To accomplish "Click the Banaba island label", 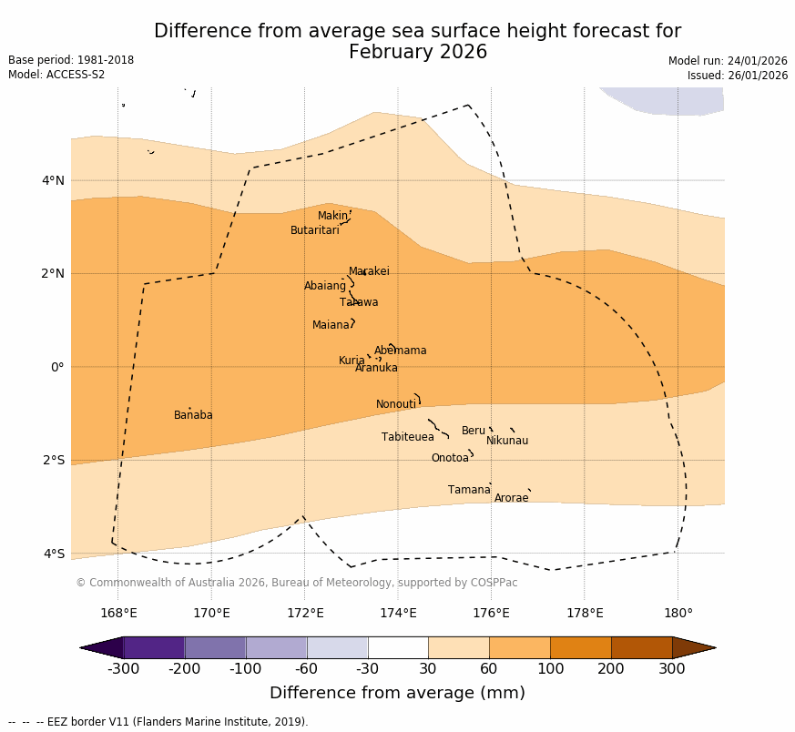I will coord(193,415).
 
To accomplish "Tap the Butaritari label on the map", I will coord(315,230).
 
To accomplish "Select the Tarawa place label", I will coord(359,302).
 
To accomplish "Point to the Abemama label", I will coord(400,351).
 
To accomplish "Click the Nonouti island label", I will coord(396,404).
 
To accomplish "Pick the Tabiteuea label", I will coord(408,437).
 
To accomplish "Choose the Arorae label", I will coord(511,498).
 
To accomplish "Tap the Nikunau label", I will coord(507,441).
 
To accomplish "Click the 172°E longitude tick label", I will coord(304,613).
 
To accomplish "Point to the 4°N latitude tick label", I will coord(53,180).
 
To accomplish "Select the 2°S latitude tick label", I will coord(53,460).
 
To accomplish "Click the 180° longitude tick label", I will coord(678,613).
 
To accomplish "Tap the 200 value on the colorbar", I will coord(611,669).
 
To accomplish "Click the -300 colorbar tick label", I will coord(123,669).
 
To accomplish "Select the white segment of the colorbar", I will coord(398,647).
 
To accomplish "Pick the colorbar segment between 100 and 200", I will coord(580,647).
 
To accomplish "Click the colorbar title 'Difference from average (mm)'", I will coord(397,693).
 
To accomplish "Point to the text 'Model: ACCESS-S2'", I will coord(56,75).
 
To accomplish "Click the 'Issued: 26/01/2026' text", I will coord(737,76).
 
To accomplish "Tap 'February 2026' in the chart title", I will coord(417,52).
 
